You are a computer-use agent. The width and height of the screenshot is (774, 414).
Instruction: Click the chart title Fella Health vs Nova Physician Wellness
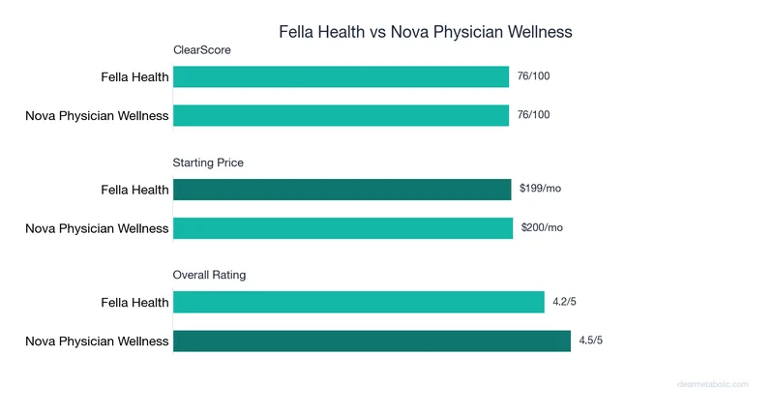[426, 32]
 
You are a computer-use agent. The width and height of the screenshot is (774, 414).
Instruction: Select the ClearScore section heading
[201, 50]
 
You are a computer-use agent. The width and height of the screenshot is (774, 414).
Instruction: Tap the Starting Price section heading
[208, 163]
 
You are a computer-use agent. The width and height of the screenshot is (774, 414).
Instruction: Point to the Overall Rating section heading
[209, 275]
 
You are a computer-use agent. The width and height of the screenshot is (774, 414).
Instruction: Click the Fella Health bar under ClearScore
[341, 76]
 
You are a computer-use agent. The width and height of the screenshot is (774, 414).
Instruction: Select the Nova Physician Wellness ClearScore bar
[341, 115]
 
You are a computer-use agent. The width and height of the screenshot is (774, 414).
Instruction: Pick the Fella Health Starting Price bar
[342, 189]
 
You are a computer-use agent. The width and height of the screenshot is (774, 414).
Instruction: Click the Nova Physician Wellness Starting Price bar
[342, 228]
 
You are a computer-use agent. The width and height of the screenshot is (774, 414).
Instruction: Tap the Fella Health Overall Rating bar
[359, 302]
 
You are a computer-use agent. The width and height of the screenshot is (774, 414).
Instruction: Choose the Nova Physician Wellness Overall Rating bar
[372, 340]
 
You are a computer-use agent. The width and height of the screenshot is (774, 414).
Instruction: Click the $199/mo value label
[540, 189]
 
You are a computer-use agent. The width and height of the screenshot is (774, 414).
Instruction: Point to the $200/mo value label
[541, 228]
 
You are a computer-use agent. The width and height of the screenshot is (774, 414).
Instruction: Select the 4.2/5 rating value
[564, 302]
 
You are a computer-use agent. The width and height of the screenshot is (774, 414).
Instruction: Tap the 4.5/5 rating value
[590, 340]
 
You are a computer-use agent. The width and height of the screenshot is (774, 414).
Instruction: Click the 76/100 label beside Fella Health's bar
[533, 76]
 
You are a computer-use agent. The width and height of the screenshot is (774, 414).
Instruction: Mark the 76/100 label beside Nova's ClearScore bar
[533, 115]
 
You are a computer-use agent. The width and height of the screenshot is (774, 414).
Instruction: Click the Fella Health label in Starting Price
[134, 190]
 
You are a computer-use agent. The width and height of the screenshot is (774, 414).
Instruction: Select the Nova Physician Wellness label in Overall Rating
[97, 341]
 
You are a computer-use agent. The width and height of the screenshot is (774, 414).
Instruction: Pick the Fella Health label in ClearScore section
[134, 77]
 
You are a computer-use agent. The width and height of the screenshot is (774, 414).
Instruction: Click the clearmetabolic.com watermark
[712, 384]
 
